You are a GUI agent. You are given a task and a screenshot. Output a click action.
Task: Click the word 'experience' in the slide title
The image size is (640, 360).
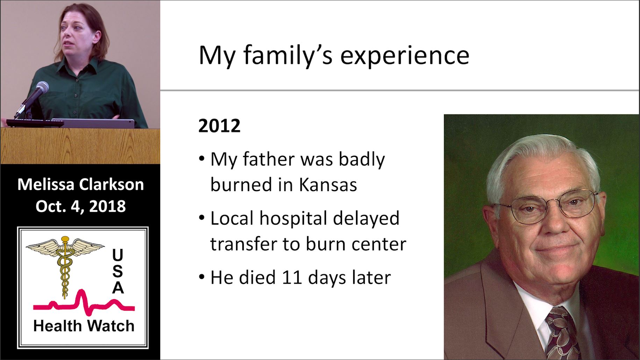coord(405,56)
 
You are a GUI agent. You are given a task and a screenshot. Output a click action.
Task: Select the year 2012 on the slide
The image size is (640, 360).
coord(219,126)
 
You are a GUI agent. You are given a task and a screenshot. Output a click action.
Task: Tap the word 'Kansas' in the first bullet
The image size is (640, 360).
coord(328,184)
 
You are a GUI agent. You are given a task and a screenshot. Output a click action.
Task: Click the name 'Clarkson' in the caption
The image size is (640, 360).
coord(112,184)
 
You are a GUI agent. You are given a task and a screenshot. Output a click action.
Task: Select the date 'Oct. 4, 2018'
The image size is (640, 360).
coord(80,206)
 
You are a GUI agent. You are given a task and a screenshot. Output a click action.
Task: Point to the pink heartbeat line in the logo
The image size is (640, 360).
coord(84,303)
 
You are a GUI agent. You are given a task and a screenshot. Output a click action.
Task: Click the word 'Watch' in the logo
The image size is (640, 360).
coord(111,326)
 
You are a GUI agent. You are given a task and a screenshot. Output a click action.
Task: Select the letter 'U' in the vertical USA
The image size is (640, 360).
coord(118,255)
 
